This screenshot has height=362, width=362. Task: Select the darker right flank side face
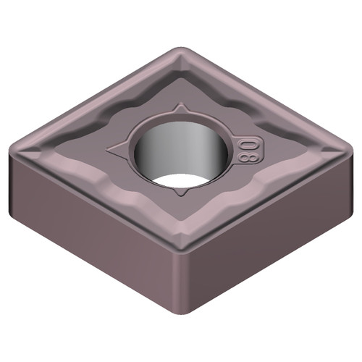point(268,232)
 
